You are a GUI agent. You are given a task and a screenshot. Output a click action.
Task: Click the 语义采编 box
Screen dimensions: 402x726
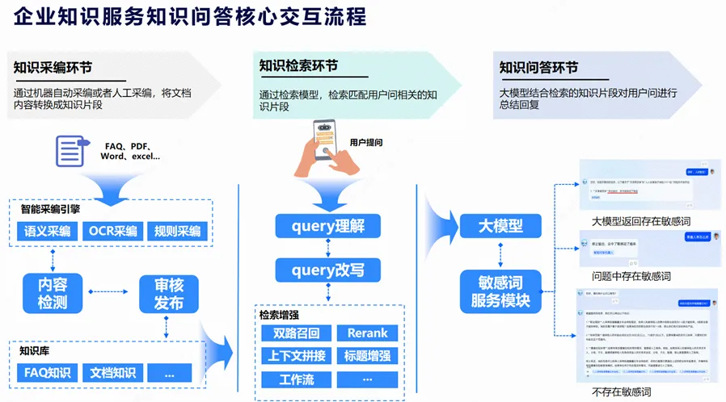point(47,232)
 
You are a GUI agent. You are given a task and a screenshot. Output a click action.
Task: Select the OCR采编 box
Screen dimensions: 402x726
point(113,232)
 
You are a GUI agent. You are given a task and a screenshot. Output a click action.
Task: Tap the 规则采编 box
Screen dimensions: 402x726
point(177,232)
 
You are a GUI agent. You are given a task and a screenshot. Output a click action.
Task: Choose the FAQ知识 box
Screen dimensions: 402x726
point(47,373)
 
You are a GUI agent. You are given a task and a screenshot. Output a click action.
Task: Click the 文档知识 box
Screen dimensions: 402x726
point(112,373)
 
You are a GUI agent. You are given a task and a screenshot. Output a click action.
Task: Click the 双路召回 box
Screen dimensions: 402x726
point(296,333)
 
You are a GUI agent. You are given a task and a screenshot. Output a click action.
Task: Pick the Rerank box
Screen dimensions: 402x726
point(367,333)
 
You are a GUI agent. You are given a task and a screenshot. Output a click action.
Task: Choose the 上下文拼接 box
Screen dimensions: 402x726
point(296,356)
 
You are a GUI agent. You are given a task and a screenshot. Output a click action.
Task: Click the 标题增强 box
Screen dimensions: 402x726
point(367,356)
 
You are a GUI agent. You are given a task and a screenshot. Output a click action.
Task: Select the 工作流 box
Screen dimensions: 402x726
point(296,379)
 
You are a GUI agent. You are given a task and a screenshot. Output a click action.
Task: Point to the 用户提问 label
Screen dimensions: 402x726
point(366,143)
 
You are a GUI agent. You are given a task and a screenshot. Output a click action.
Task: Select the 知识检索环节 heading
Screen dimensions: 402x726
point(298,65)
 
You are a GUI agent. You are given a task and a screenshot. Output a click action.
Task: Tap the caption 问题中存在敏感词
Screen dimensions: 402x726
point(631,276)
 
